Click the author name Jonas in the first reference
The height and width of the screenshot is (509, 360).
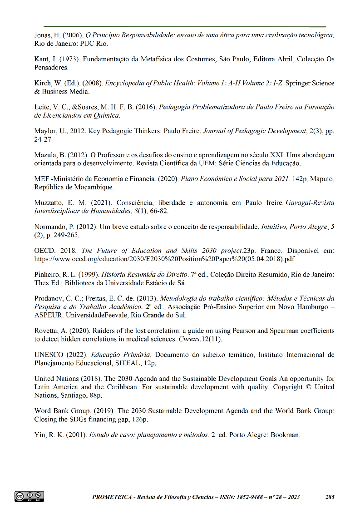click(x=44, y=35)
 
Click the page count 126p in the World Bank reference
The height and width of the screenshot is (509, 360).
click(x=142, y=419)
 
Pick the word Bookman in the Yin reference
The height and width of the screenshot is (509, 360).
click(x=285, y=435)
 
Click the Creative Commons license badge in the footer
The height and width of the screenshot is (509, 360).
click(x=29, y=496)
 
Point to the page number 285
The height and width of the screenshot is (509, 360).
click(x=330, y=497)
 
